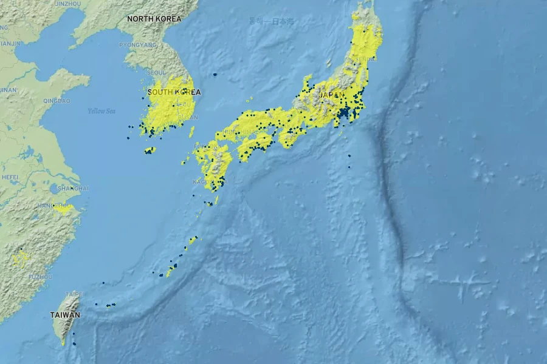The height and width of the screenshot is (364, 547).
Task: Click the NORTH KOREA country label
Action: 154,19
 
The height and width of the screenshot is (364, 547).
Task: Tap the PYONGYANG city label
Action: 138,45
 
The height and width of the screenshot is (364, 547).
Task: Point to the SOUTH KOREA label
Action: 174,92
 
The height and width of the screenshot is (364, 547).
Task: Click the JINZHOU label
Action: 67,4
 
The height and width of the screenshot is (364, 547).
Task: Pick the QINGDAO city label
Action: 57,101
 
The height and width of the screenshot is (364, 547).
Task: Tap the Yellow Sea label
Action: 101,111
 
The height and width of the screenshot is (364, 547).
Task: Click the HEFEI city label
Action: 10,177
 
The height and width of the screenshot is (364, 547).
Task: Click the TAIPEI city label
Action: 74,294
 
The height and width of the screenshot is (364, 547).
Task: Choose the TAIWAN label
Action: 65,315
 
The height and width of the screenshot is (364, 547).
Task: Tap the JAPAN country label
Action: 332,95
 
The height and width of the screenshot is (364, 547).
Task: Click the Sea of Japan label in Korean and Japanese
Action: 271,21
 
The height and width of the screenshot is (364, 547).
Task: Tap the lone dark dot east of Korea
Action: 215,75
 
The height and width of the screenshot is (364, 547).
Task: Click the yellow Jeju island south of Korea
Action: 150,150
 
